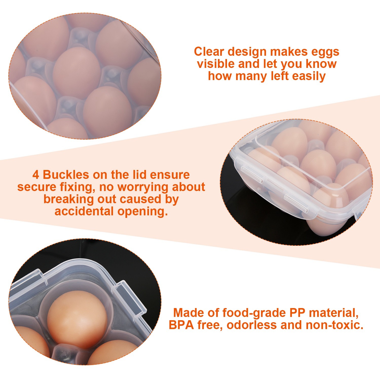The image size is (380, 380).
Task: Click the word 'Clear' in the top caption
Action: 209,52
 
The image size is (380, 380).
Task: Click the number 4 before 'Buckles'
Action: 36,175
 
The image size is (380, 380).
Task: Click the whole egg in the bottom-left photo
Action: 77,320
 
